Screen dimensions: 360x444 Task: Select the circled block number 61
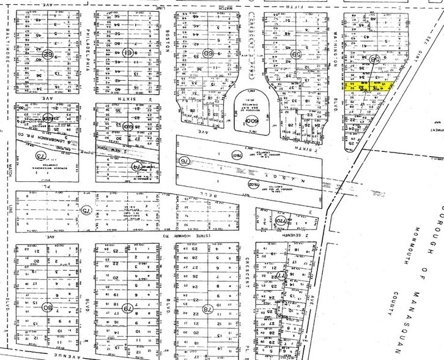[127, 53]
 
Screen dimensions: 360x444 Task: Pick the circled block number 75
[85, 210]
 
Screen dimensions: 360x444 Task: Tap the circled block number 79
[127, 308]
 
